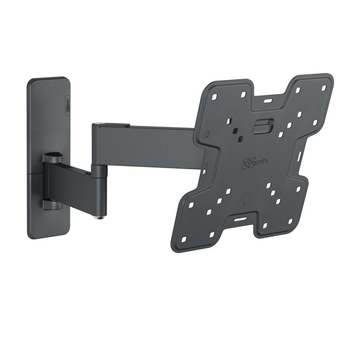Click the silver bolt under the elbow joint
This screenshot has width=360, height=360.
[98, 218]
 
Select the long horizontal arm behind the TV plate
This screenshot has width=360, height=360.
[148, 144]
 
